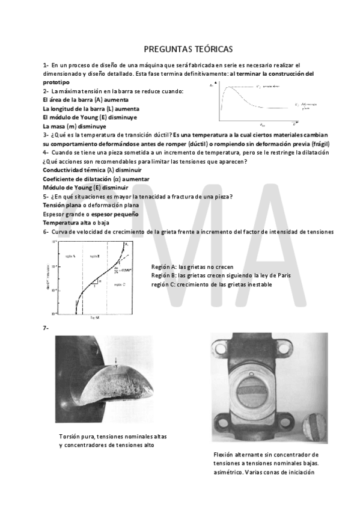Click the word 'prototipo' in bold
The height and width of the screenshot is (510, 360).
point(56,82)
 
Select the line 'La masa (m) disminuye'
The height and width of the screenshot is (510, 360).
point(75,126)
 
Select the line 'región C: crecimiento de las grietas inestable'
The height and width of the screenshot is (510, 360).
point(212,284)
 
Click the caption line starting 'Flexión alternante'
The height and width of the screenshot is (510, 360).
point(266,455)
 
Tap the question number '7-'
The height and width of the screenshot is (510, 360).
point(46,328)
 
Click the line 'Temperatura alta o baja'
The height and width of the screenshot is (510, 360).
point(76,223)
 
